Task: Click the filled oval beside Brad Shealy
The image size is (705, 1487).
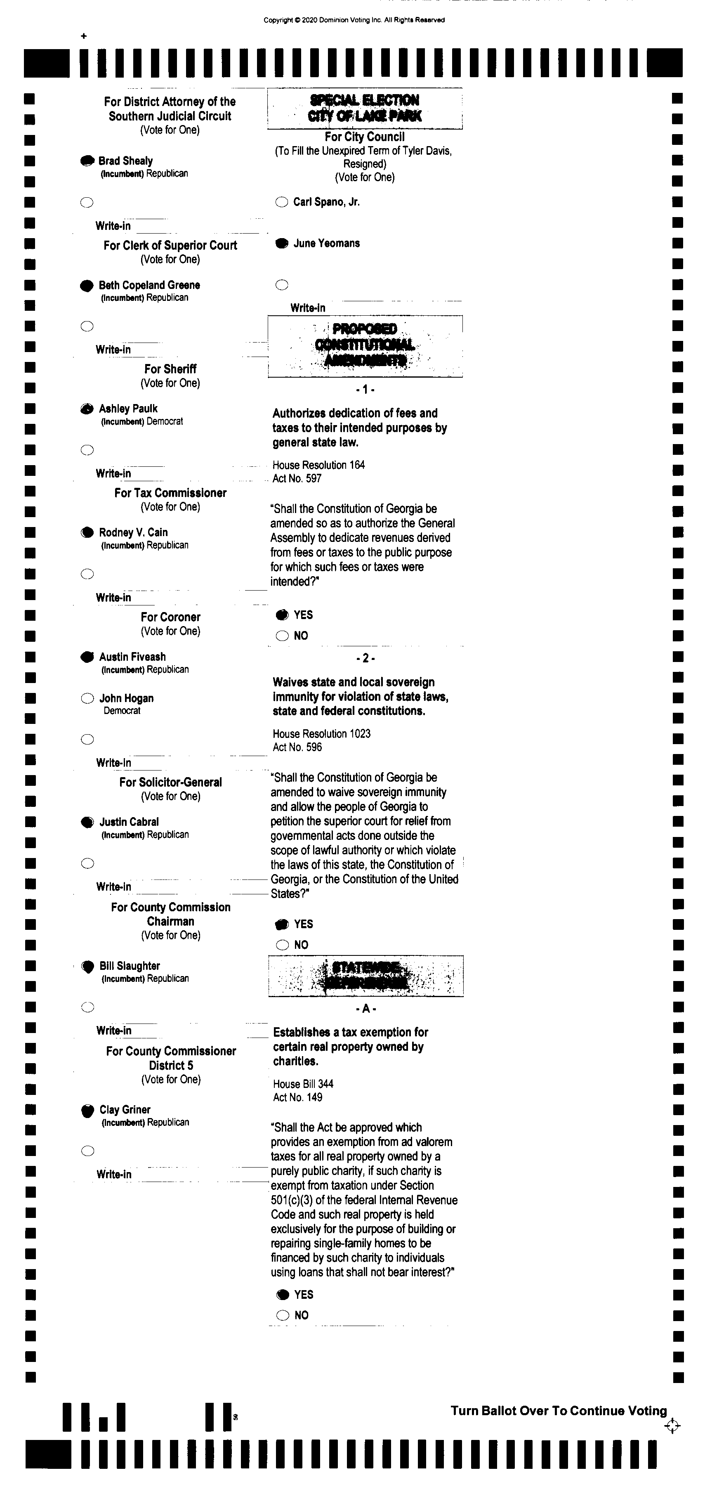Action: click(x=87, y=161)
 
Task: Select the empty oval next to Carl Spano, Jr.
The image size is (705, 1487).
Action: click(x=281, y=202)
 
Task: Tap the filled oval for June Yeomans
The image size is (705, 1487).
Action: click(x=281, y=243)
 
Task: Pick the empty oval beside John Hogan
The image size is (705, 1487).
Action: click(x=87, y=698)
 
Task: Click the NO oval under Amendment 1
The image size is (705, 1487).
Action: click(x=282, y=636)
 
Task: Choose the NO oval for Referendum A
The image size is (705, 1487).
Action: click(x=283, y=1315)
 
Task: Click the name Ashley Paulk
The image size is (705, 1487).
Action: click(x=128, y=409)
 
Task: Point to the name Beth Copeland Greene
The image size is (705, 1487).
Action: click(x=149, y=285)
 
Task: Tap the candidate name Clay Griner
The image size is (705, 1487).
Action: click(x=125, y=1109)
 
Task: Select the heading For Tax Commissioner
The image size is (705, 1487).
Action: click(x=170, y=493)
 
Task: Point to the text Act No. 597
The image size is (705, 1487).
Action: click(x=297, y=478)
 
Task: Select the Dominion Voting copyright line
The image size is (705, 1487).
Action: click(x=354, y=20)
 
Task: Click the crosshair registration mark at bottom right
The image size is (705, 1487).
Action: click(x=672, y=1426)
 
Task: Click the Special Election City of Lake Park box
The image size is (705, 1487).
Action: click(x=365, y=109)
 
